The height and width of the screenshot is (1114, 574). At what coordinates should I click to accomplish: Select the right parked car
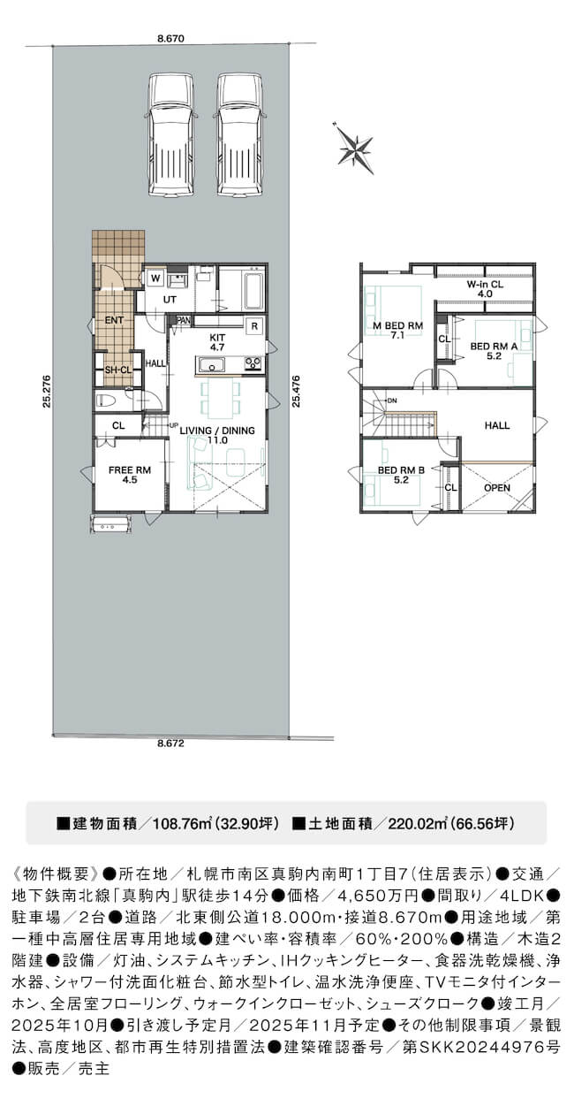[x=239, y=136]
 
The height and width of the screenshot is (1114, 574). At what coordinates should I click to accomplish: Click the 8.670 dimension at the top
[x=170, y=38]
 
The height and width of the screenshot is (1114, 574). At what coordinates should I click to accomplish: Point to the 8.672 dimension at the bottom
[x=170, y=744]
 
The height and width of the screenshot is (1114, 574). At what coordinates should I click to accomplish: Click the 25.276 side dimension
[x=46, y=391]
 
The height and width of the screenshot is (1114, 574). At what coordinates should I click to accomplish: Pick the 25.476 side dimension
[x=296, y=391]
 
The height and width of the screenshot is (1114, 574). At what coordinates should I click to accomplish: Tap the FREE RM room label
[x=130, y=470]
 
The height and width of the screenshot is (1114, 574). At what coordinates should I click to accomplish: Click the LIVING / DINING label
[x=217, y=431]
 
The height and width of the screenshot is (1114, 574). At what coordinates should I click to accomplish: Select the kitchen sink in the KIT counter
[x=213, y=365]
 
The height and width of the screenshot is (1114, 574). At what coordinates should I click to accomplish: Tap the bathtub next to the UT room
[x=253, y=291]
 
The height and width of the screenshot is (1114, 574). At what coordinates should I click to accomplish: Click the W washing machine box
[x=155, y=278]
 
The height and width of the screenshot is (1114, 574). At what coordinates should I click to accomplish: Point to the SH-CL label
[x=118, y=370]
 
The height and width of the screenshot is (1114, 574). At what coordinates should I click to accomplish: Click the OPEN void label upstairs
[x=497, y=488]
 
